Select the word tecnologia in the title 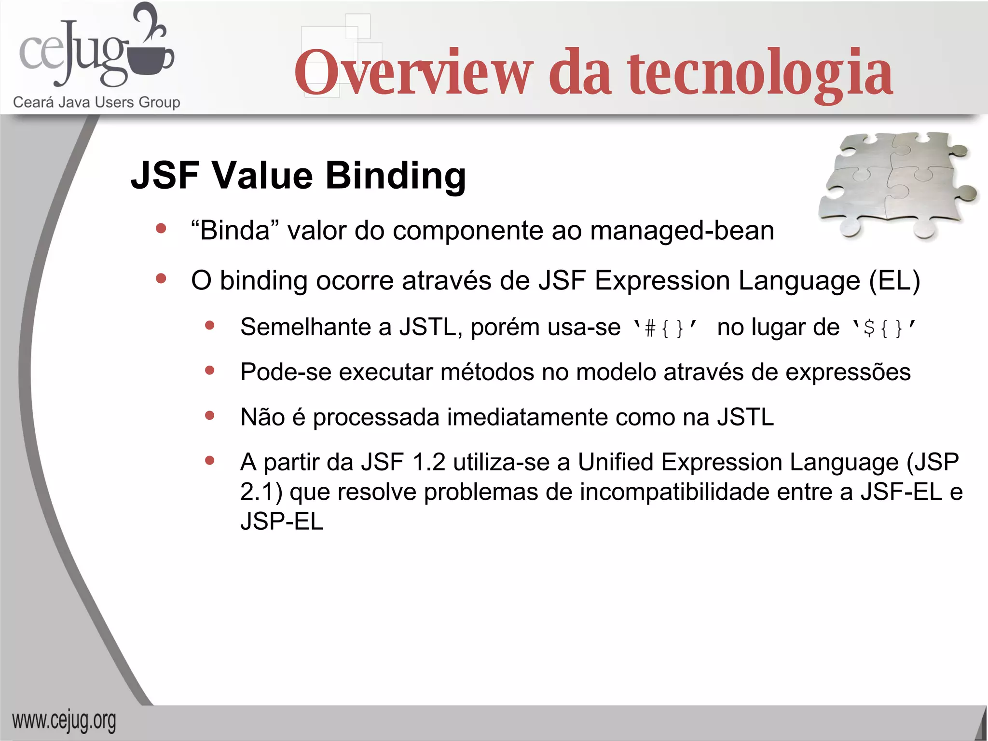[x=760, y=73]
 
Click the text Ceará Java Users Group [x=96, y=102]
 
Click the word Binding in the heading [x=396, y=176]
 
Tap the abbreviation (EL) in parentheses [x=894, y=281]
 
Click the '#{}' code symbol [x=665, y=328]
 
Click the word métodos [x=487, y=372]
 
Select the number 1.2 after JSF [x=429, y=462]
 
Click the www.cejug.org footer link [x=64, y=721]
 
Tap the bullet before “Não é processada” [x=209, y=416]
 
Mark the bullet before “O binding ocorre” [x=161, y=278]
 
